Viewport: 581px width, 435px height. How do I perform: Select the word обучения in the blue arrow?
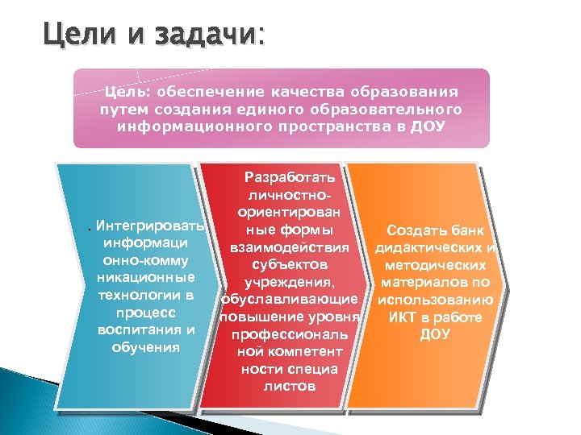pos(145,347)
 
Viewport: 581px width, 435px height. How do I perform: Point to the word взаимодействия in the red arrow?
pos(290,246)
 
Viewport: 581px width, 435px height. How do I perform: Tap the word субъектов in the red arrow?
pos(290,264)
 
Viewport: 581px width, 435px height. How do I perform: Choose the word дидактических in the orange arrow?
pos(435,247)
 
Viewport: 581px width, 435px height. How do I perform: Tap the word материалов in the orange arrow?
pos(424,282)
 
